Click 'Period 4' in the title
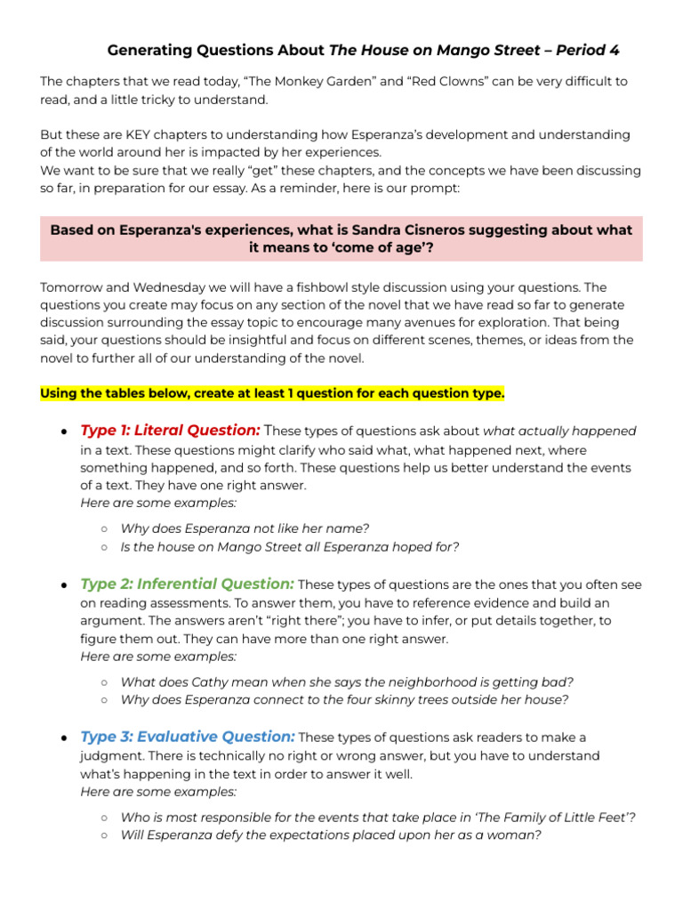[583, 50]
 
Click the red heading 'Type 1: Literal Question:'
[171, 431]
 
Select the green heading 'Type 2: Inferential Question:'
[187, 584]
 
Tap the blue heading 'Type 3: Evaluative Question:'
[188, 737]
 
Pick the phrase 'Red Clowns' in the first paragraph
[445, 81]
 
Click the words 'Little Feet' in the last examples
[595, 817]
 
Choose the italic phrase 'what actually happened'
[560, 431]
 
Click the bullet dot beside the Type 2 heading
[65, 585]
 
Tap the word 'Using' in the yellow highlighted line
[60, 393]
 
